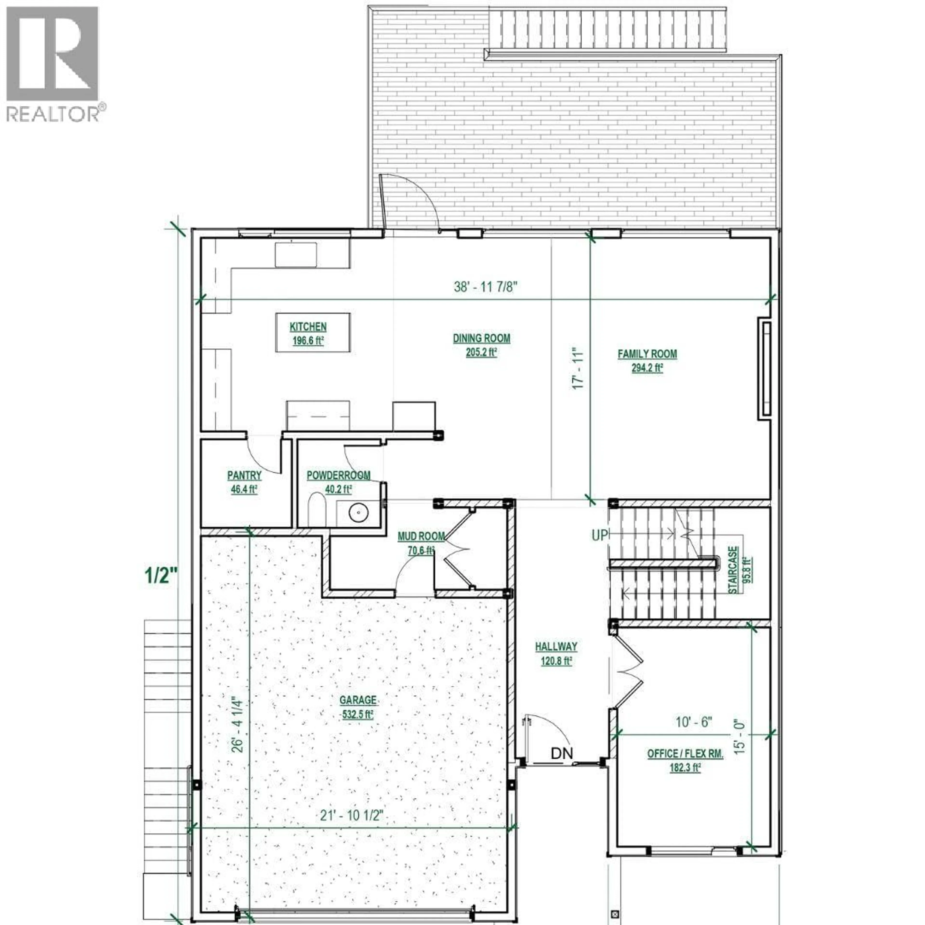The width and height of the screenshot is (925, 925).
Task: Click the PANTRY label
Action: pyautogui.click(x=244, y=476)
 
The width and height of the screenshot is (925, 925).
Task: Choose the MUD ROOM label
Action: pyautogui.click(x=421, y=536)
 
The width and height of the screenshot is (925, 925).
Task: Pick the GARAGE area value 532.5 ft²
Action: pyautogui.click(x=358, y=715)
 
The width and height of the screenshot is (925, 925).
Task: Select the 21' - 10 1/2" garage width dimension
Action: pyautogui.click(x=352, y=815)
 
